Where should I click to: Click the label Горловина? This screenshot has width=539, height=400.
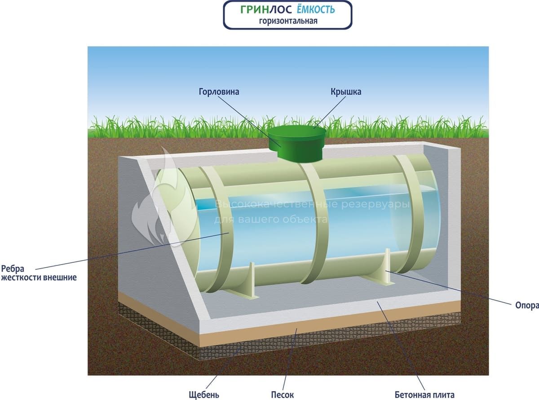(219, 92)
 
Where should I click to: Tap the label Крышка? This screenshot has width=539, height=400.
(346, 92)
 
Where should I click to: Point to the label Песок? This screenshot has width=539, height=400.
(282, 395)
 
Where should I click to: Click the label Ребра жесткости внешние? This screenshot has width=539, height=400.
(38, 273)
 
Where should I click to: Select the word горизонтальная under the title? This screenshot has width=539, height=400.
(288, 21)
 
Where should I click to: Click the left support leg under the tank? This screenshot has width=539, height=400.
(250, 282)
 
